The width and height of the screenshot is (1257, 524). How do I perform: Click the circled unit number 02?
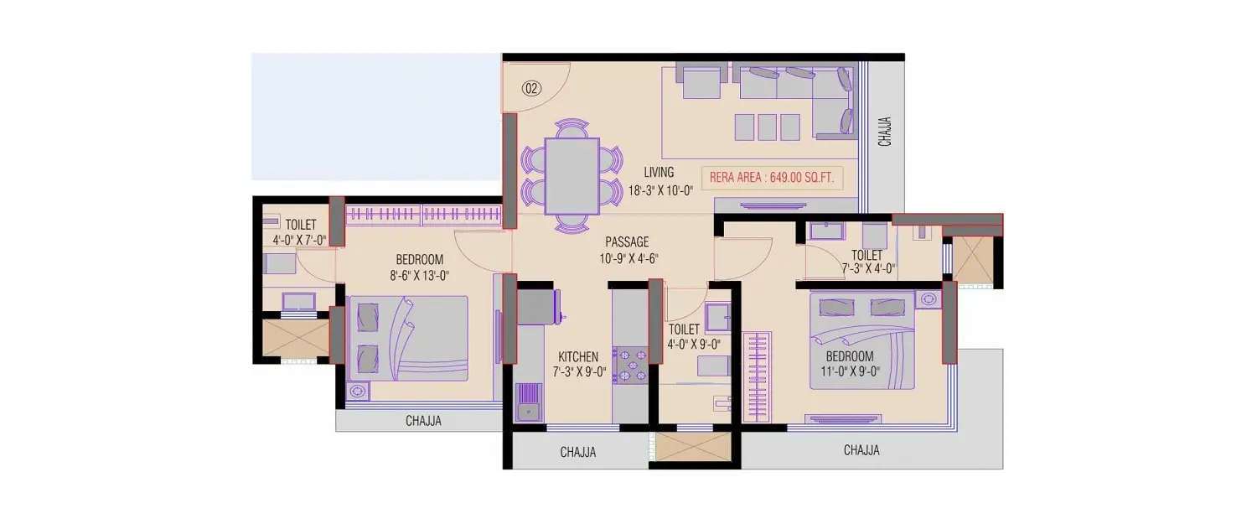pos(531,87)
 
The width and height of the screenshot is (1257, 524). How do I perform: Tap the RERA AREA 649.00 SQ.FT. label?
pos(772,178)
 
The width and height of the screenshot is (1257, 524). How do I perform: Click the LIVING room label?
pos(659,173)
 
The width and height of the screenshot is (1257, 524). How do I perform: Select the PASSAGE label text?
pos(628,242)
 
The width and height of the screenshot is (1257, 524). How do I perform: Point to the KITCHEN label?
pos(578,357)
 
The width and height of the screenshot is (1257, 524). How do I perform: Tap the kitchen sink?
pos(528,402)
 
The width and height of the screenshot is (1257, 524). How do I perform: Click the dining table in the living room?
pos(572,176)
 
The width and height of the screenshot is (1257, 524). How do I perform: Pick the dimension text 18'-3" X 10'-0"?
pos(661,190)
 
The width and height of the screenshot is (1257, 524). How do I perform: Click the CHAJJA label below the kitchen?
pos(578,453)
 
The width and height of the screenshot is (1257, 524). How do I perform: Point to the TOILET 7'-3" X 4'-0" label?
pos(866,262)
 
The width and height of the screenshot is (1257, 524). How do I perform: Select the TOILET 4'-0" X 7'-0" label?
pos(300,232)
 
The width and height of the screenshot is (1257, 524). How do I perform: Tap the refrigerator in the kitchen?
pos(536,306)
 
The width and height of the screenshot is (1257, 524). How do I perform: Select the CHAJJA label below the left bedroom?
pos(423,422)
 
